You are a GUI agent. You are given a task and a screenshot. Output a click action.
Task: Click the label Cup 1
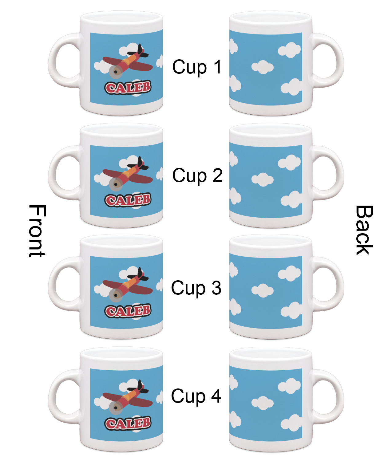coord(197,67)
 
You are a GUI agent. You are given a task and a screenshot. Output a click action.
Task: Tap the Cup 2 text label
coord(197,175)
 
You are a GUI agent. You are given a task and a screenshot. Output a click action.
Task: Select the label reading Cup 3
coord(196,288)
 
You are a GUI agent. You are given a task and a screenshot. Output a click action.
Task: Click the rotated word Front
coord(37,231)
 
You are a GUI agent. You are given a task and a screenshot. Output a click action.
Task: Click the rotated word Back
coord(364,230)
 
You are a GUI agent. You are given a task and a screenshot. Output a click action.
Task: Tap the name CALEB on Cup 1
coord(128,87)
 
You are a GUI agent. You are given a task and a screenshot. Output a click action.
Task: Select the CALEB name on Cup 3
coord(128,310)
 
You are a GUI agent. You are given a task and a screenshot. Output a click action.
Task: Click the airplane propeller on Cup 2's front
coord(116,184)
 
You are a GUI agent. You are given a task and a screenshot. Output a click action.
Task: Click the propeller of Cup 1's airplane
coord(116,72)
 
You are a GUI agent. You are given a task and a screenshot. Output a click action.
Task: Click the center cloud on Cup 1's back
coord(262,67)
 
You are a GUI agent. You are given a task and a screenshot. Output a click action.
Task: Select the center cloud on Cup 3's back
coord(262,290)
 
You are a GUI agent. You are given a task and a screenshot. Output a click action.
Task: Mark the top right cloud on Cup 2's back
coord(289,162)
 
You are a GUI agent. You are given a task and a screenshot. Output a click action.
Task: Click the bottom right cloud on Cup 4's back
coord(291,423)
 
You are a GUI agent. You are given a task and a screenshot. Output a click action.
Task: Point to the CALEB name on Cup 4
coord(128,423)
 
